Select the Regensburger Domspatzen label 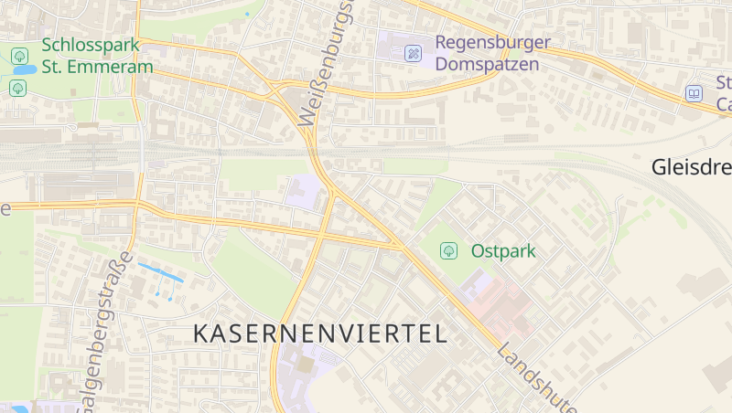pos(492,53)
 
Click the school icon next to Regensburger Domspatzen pos(413,54)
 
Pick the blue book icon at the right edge pos(694,93)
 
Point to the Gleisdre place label pos(691,167)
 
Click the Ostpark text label pos(502,249)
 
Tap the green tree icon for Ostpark pos(448,249)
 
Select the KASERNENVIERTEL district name pos(320,334)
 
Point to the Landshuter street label pos(538,376)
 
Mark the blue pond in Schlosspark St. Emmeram pos(25,69)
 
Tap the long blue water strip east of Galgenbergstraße pos(159,272)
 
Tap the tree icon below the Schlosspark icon pos(17,88)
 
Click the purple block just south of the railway pos(303,191)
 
